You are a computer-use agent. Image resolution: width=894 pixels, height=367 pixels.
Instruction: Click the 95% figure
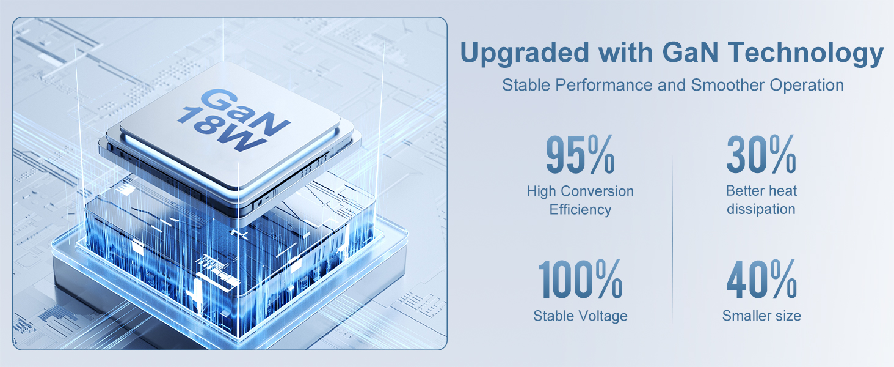(580, 154)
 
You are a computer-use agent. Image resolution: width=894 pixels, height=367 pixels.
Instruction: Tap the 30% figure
(761, 154)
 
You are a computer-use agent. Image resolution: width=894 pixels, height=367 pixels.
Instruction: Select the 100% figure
(580, 279)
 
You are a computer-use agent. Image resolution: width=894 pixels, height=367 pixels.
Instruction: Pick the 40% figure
(761, 279)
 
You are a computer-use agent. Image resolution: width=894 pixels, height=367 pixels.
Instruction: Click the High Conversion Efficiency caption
(580, 200)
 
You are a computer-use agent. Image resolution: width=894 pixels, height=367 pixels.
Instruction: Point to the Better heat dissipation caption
(761, 200)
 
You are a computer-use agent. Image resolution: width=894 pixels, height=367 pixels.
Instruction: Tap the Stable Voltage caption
(580, 316)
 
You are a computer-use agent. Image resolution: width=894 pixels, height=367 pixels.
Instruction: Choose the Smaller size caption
(761, 316)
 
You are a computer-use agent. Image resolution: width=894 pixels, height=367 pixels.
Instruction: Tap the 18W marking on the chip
(222, 128)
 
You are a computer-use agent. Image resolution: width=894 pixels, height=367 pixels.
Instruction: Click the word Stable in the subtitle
(526, 85)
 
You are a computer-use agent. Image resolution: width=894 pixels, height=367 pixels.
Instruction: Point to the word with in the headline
(625, 53)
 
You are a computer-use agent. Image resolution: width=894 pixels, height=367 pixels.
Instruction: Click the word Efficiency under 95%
(580, 209)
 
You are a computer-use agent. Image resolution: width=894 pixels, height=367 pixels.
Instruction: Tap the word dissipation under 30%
(761, 209)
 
